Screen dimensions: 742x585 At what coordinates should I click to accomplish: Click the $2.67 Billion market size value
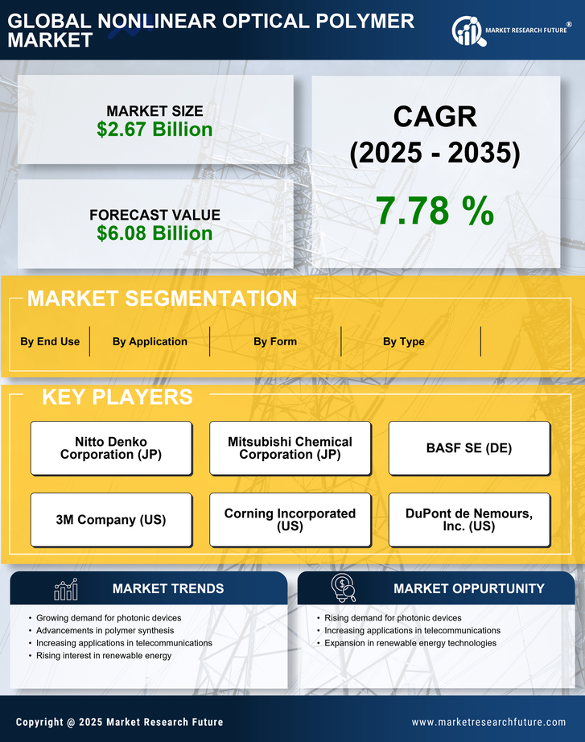coord(154,130)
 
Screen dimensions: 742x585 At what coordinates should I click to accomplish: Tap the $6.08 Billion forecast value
coord(154,233)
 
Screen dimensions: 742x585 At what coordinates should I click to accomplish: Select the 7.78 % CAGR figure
coord(435,211)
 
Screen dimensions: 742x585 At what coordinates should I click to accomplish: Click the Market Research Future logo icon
coord(468,31)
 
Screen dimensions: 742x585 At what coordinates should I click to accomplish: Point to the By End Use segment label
coord(50,341)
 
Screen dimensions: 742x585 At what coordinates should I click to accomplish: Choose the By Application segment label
coord(150,341)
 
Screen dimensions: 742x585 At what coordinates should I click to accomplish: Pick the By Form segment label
coord(275,341)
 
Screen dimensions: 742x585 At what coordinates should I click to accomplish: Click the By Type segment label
coord(404,341)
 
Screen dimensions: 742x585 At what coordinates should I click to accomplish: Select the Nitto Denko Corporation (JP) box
coord(111,448)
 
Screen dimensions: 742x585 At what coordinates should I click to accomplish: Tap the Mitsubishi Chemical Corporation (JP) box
coord(290,448)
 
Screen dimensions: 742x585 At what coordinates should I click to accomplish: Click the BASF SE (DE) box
coord(469,448)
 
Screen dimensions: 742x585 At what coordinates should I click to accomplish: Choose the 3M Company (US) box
coord(111,520)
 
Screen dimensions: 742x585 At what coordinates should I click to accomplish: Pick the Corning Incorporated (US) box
coord(290,520)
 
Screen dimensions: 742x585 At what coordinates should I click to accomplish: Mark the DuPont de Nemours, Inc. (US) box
coord(469,520)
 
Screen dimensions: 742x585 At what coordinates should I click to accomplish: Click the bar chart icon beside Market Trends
coord(65,589)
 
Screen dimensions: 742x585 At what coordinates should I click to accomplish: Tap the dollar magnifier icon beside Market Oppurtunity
coord(344,588)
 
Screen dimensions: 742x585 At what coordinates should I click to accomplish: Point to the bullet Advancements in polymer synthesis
coord(101,630)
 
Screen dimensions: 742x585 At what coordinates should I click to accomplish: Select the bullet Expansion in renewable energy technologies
coord(410,643)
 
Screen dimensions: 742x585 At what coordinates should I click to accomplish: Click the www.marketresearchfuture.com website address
coord(488,722)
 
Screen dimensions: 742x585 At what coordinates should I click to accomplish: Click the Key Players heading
coord(117,397)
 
